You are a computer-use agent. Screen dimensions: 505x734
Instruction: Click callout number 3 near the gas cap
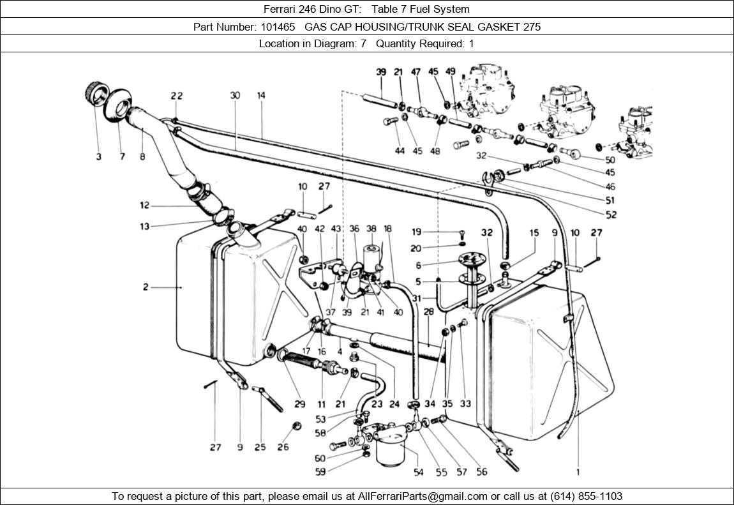pyautogui.click(x=99, y=156)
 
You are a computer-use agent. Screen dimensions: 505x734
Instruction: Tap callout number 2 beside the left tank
pyautogui.click(x=146, y=287)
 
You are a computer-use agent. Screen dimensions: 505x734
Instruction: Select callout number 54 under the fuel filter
pyautogui.click(x=419, y=472)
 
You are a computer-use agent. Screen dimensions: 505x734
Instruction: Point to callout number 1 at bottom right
pyautogui.click(x=578, y=473)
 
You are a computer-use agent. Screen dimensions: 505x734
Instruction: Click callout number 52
pyautogui.click(x=611, y=215)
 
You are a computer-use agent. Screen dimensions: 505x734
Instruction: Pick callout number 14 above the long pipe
pyautogui.click(x=261, y=96)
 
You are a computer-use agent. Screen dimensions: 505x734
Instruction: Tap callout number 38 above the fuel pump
pyautogui.click(x=371, y=229)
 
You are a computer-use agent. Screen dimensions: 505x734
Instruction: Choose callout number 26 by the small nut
pyautogui.click(x=283, y=447)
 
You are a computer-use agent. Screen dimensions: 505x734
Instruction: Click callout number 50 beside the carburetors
pyautogui.click(x=610, y=160)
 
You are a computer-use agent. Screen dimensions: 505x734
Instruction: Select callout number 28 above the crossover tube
pyautogui.click(x=429, y=312)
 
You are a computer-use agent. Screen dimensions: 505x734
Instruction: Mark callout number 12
pyautogui.click(x=145, y=206)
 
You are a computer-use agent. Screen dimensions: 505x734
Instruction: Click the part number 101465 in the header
pyautogui.click(x=278, y=27)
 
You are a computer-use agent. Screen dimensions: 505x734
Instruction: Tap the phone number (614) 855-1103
pyautogui.click(x=581, y=496)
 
